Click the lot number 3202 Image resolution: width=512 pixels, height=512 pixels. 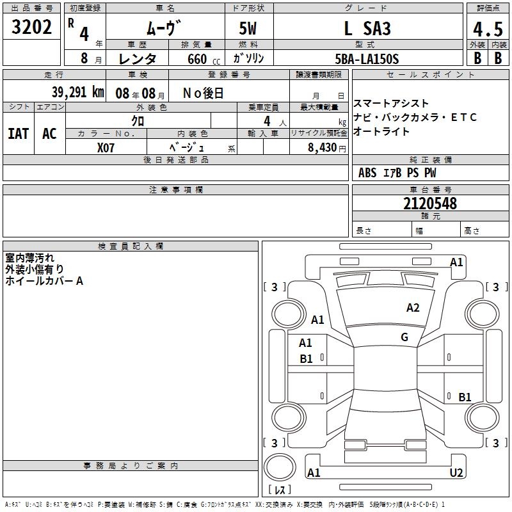pos(31,27)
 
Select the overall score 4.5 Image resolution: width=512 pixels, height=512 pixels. pos(488,29)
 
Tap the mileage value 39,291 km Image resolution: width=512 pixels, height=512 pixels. pos(78,92)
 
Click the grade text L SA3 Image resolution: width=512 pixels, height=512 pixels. pos(367,28)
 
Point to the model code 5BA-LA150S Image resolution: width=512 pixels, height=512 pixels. pos(367,59)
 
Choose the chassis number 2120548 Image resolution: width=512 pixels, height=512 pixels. pos(430,204)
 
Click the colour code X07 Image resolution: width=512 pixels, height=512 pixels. pos(106,148)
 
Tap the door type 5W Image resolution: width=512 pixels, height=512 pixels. pos(248,28)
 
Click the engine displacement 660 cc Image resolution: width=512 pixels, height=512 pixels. pos(204,59)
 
